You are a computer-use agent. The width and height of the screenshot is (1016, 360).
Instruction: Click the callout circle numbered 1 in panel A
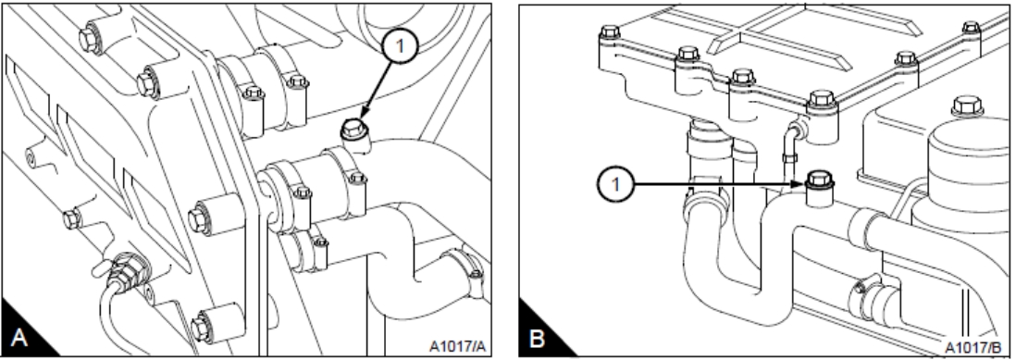point(400,46)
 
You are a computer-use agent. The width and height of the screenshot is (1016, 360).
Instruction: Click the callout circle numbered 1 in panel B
point(616,184)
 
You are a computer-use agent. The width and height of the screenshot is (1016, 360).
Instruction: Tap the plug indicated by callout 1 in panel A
point(353,131)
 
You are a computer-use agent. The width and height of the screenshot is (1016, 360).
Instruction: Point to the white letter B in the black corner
point(538,338)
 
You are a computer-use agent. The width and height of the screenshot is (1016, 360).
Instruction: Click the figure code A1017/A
point(457,347)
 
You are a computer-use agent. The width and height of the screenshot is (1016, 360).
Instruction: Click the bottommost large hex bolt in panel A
point(202,327)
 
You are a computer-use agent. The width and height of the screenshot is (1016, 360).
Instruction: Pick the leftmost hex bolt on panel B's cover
point(610,31)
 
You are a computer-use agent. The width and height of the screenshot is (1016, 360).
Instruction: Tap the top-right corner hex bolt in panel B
point(971,28)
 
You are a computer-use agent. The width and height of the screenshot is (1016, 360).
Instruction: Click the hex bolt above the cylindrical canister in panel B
point(967,106)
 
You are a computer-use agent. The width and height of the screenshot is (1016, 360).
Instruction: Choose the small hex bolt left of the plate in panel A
point(72,219)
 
